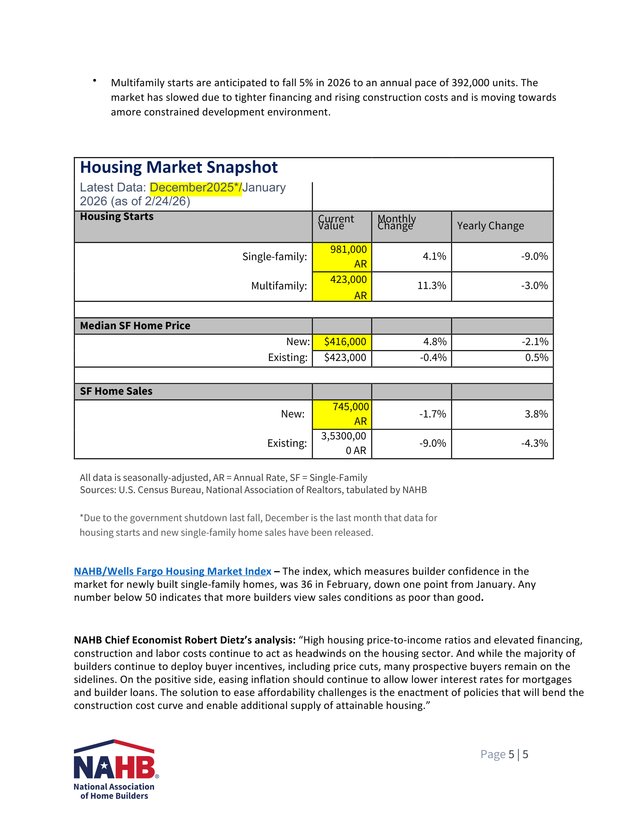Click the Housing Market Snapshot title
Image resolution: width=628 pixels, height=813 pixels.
(x=179, y=167)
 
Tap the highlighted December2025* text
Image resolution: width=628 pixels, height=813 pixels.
(x=196, y=188)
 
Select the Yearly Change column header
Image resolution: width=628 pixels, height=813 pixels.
(x=490, y=226)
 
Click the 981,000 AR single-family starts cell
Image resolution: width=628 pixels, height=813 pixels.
(x=342, y=257)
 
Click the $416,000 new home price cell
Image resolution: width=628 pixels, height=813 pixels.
(x=345, y=342)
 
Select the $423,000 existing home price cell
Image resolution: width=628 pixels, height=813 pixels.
(x=345, y=358)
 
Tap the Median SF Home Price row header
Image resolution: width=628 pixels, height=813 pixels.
(x=135, y=326)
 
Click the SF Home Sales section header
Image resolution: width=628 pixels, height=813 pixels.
(x=116, y=391)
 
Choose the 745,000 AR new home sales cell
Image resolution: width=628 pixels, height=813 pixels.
(x=342, y=414)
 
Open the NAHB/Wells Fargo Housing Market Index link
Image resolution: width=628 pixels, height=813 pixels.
(x=172, y=572)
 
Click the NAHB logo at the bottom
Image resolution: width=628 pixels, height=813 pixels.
(x=115, y=769)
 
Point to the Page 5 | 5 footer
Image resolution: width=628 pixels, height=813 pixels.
(x=504, y=754)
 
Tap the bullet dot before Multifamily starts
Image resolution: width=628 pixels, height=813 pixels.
(x=94, y=80)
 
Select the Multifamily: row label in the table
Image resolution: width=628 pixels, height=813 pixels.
(x=279, y=286)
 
